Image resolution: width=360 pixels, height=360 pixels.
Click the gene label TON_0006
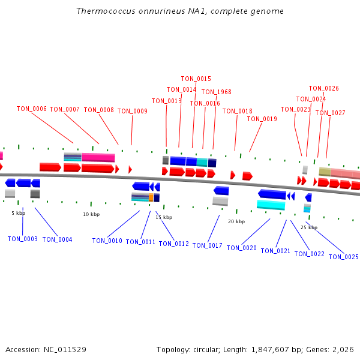[x=31, y=109]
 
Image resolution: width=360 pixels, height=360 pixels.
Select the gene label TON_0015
[x=196, y=79]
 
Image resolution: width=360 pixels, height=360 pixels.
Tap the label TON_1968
[x=216, y=92]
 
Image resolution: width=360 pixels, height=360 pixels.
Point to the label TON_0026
[x=323, y=88]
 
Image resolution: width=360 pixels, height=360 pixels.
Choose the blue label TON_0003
[x=22, y=239]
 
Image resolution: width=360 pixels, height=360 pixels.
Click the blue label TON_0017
[x=207, y=245]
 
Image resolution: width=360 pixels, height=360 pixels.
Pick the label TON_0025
[x=343, y=257]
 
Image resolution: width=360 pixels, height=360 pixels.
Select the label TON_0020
[x=241, y=248]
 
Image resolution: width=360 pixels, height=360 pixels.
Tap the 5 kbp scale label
[x=18, y=213]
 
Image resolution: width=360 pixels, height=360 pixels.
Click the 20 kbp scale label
[x=236, y=221]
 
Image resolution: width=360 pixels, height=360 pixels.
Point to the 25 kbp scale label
[x=308, y=227]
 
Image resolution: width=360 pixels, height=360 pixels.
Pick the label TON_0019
[x=262, y=119]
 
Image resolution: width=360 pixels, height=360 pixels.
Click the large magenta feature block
[x=98, y=158]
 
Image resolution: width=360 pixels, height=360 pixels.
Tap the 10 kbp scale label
[x=91, y=214]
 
